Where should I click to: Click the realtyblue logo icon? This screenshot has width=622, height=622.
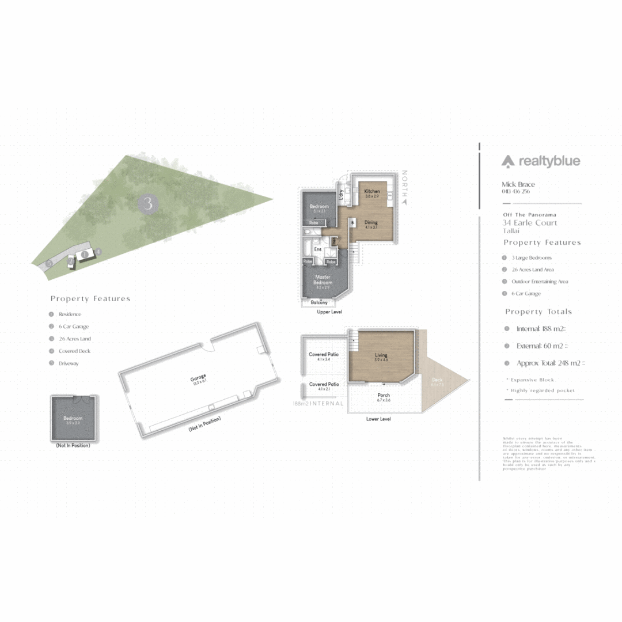507,162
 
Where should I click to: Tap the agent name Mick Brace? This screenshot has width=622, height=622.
518,184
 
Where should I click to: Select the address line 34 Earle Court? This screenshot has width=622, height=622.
530,223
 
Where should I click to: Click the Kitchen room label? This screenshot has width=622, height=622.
371,191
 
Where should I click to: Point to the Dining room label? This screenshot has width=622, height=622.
371,222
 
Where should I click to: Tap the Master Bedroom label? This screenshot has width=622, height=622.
323,279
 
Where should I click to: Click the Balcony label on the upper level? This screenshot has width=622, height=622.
319,302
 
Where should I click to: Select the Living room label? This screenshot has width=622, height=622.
381,355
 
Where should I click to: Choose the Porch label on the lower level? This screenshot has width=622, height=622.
384,395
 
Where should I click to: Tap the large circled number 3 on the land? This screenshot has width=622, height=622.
149,203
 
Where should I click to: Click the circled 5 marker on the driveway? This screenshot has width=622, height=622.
50,263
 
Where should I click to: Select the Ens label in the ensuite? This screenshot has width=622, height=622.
318,249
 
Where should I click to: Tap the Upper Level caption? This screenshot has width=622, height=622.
328,312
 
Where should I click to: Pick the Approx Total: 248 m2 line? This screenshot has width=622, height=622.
551,363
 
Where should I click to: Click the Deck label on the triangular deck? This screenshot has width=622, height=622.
437,380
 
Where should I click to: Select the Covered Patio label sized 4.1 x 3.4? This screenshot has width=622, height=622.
323,354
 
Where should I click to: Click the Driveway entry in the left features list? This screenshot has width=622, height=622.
69,363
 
